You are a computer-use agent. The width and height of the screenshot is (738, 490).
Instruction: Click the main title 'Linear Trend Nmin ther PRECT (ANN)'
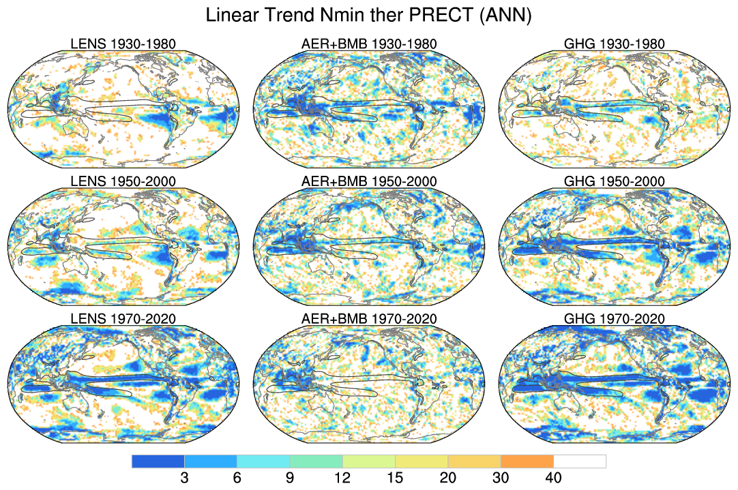(x=368, y=15)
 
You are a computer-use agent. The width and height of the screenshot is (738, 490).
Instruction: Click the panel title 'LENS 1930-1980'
(x=123, y=44)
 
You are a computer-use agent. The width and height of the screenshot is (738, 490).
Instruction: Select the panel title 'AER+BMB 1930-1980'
(x=369, y=44)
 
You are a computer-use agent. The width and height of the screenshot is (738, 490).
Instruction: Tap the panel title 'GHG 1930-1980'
(x=614, y=44)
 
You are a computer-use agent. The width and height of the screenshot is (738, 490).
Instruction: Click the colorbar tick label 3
(x=184, y=478)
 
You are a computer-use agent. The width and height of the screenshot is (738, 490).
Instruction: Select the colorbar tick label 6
(x=237, y=478)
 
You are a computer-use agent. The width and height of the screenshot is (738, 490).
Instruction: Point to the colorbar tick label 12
(x=342, y=478)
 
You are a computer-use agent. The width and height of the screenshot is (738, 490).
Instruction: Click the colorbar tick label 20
(x=448, y=478)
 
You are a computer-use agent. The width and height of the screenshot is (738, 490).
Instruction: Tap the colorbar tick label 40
(x=553, y=478)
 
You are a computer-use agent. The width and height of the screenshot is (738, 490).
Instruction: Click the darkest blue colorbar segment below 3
(x=158, y=461)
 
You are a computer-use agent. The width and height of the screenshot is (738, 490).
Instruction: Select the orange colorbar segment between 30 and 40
(x=527, y=461)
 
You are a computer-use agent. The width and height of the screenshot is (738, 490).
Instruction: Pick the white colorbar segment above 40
(x=579, y=461)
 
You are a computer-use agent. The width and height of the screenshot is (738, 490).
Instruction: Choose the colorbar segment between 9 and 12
(x=316, y=461)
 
